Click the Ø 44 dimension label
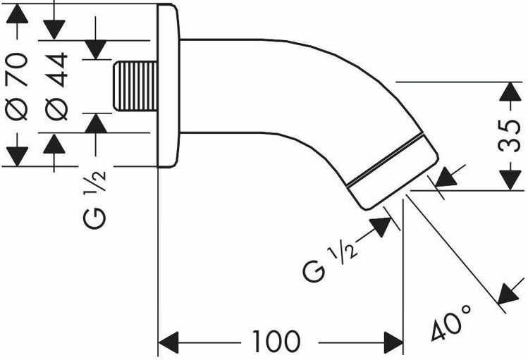point(56,85)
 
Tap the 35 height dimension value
point(509,135)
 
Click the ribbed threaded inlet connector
point(135,87)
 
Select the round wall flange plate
point(167,86)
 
